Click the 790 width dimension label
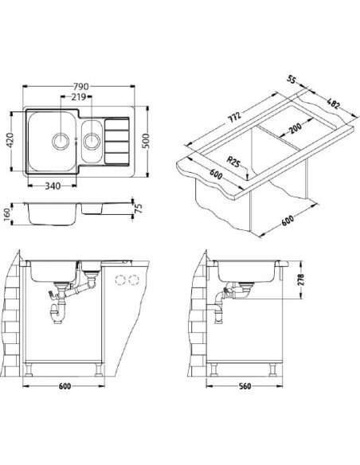[x=81, y=86]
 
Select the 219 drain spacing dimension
[x=78, y=96]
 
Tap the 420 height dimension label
[x=10, y=141]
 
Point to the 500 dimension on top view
[x=147, y=141]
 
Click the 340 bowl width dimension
[x=53, y=186]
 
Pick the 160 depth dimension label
[x=7, y=214]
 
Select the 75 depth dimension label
[x=139, y=208]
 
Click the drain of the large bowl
[x=61, y=141]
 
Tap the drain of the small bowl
[x=92, y=141]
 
